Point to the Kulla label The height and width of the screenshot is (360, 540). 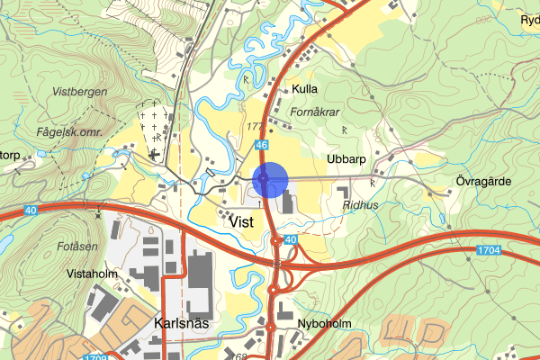(306, 89)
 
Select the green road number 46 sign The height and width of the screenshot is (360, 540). (261, 144)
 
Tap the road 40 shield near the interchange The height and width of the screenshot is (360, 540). (291, 239)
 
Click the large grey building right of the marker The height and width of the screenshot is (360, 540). (286, 200)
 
